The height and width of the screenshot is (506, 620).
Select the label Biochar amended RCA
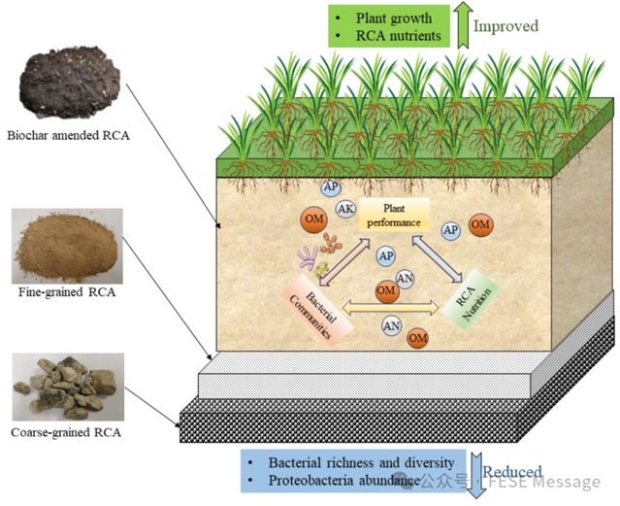(66, 136)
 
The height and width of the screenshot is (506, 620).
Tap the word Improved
(506, 26)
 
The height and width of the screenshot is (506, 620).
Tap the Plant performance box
(394, 215)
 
